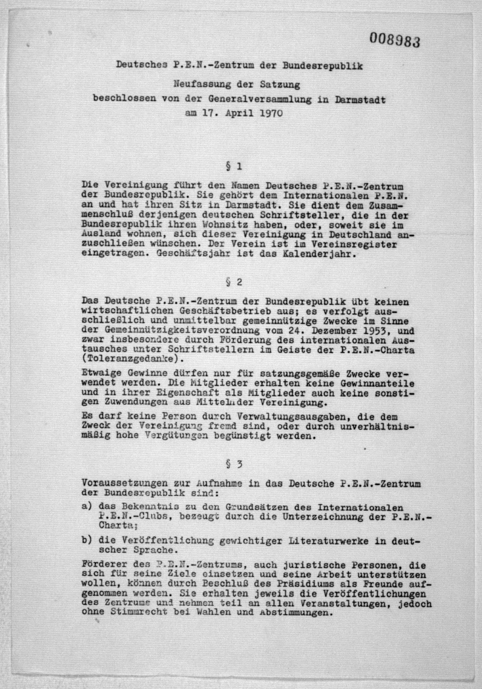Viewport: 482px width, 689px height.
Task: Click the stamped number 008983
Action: (394, 39)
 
